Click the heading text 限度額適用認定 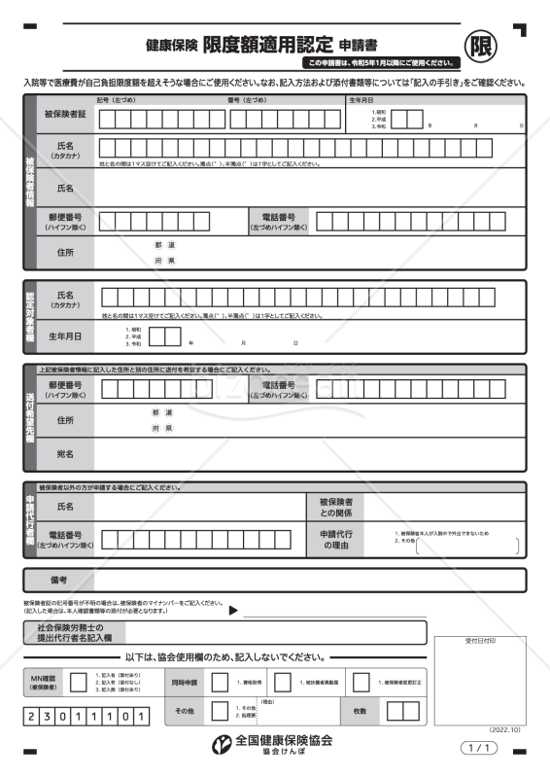[x=267, y=44]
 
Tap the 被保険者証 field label [x=65, y=116]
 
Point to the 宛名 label [x=65, y=453]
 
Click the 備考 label [x=58, y=580]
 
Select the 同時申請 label [x=185, y=683]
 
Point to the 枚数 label [x=361, y=712]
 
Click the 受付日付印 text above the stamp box [x=480, y=642]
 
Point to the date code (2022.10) [x=504, y=728]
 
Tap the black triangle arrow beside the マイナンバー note [x=233, y=611]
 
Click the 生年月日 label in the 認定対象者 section [x=65, y=336]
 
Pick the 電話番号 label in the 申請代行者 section [x=65, y=540]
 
